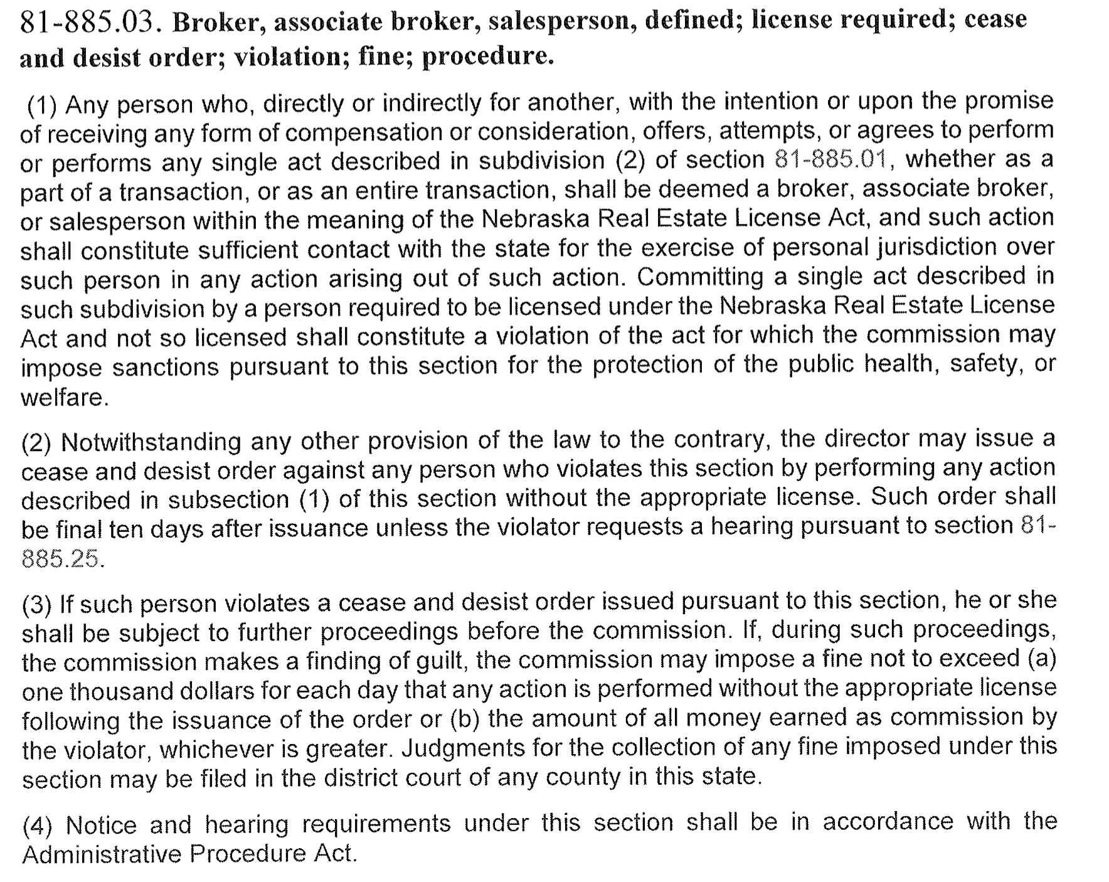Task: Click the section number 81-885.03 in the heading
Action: pos(87,24)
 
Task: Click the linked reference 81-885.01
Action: pos(830,160)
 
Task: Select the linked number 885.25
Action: pos(60,558)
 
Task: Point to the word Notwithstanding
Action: pos(151,442)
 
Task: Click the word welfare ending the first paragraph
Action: pos(63,398)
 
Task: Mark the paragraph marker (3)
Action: pos(37,605)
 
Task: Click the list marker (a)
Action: pos(1042,658)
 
